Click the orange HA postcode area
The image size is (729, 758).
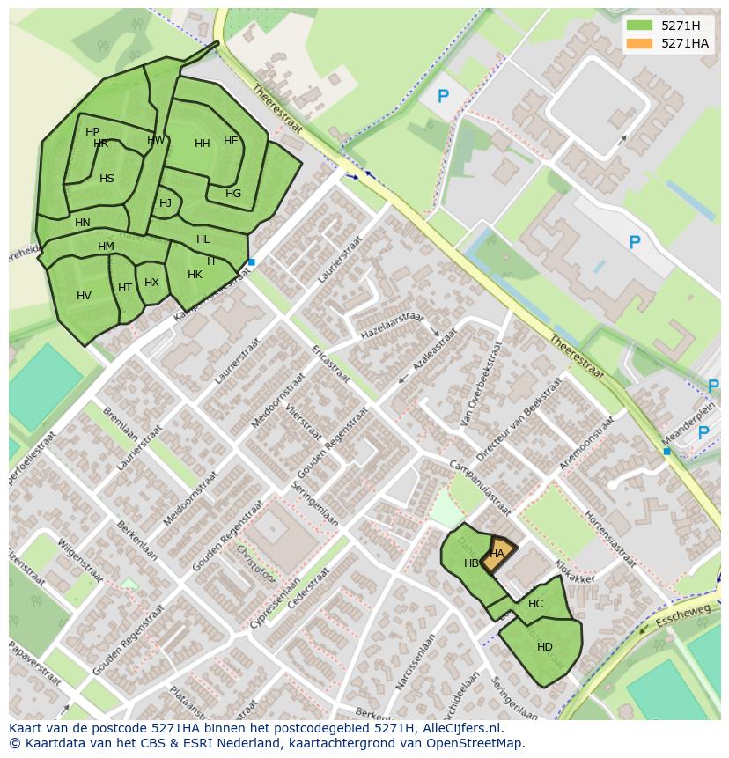[x=498, y=555]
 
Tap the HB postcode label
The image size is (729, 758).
[x=471, y=563]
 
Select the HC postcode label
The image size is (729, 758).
[x=535, y=604]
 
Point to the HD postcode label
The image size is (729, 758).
[x=544, y=647]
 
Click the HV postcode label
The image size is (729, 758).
[x=84, y=296]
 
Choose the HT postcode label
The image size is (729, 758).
[x=125, y=288]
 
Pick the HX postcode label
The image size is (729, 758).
[x=151, y=283]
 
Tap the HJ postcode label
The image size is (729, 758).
[x=166, y=203]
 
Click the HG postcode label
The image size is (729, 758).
[x=232, y=194]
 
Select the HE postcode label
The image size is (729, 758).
[x=231, y=141]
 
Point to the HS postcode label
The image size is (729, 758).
[x=107, y=179]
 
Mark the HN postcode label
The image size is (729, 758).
[x=83, y=223]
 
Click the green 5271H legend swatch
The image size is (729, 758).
[x=639, y=26]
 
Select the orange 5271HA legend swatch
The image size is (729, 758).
[x=639, y=43]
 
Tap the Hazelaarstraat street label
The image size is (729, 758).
[x=391, y=326]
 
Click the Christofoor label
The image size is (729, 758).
[x=256, y=564]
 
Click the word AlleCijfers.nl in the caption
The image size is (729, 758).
[x=461, y=728]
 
